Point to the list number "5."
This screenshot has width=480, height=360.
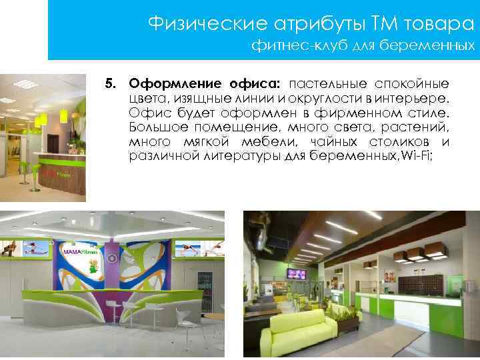[x=110, y=85]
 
